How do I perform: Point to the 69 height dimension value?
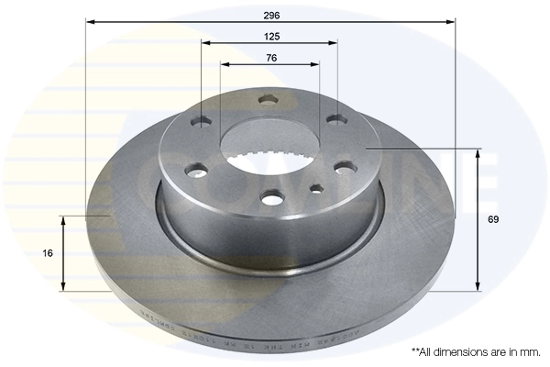492,219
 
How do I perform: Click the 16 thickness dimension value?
48,252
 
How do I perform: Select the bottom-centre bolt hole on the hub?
273,197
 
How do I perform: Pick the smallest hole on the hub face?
317,188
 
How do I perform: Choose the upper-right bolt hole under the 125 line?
335,117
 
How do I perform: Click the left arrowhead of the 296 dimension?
89,20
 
